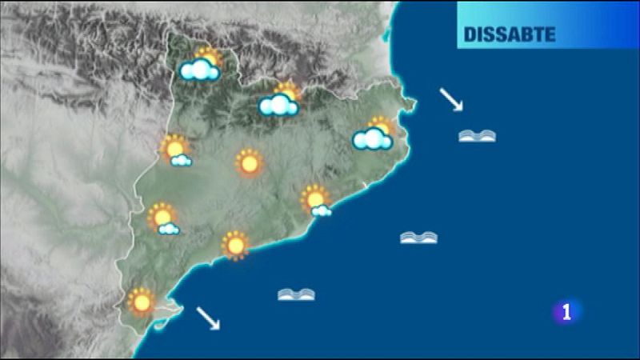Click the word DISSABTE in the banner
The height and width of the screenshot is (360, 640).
[x=509, y=35]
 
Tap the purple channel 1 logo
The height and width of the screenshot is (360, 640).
[x=567, y=312]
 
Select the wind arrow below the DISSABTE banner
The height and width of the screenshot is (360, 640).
[x=451, y=100]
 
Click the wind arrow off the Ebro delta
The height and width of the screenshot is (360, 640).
[x=208, y=318]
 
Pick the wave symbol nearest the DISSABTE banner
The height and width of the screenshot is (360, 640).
[x=477, y=136]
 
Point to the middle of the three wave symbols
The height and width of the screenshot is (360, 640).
[x=418, y=237]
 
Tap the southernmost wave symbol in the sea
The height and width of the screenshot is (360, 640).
[x=296, y=294]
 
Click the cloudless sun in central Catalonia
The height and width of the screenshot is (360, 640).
[x=250, y=163]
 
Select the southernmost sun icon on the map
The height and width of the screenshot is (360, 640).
[x=142, y=302]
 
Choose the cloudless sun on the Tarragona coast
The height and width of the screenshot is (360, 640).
[x=235, y=245]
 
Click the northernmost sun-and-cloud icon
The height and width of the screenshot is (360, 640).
[x=202, y=66]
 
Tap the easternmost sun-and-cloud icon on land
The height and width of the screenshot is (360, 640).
[x=374, y=134]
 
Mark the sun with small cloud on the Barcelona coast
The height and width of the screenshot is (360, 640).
[x=317, y=200]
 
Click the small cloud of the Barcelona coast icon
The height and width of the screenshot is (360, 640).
[x=322, y=211]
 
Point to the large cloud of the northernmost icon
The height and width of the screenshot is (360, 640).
[x=199, y=71]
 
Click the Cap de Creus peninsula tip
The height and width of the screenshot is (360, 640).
[x=411, y=103]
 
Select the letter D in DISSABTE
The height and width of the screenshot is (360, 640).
[x=470, y=35]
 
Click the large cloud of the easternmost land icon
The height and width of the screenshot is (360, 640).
[x=372, y=140]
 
